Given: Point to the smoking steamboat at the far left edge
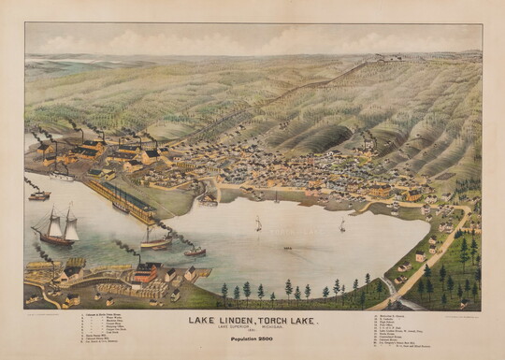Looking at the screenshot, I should tap(38, 194).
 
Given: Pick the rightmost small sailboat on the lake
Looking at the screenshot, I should tap(342, 226).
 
